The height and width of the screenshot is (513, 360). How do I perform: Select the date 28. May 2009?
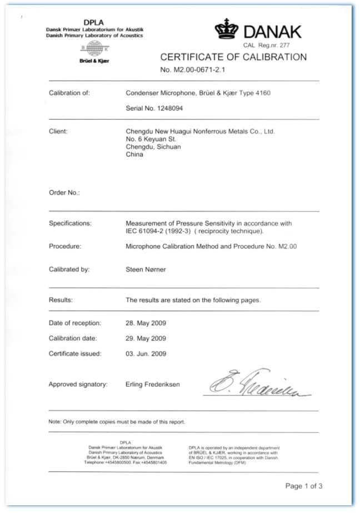coord(146,322)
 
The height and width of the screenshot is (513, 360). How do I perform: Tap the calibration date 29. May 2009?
coord(146,338)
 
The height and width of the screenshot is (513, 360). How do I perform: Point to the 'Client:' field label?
coord(58,132)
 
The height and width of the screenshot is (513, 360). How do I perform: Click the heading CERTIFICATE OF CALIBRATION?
coord(233,57)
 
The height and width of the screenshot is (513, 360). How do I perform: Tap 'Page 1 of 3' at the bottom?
coord(303,486)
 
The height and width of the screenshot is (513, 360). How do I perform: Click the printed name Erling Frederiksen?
coord(157,384)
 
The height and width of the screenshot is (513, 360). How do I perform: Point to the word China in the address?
coord(135,155)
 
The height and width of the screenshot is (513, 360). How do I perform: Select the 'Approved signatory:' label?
coord(78,384)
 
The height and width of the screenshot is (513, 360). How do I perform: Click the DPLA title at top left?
coord(94,23)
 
